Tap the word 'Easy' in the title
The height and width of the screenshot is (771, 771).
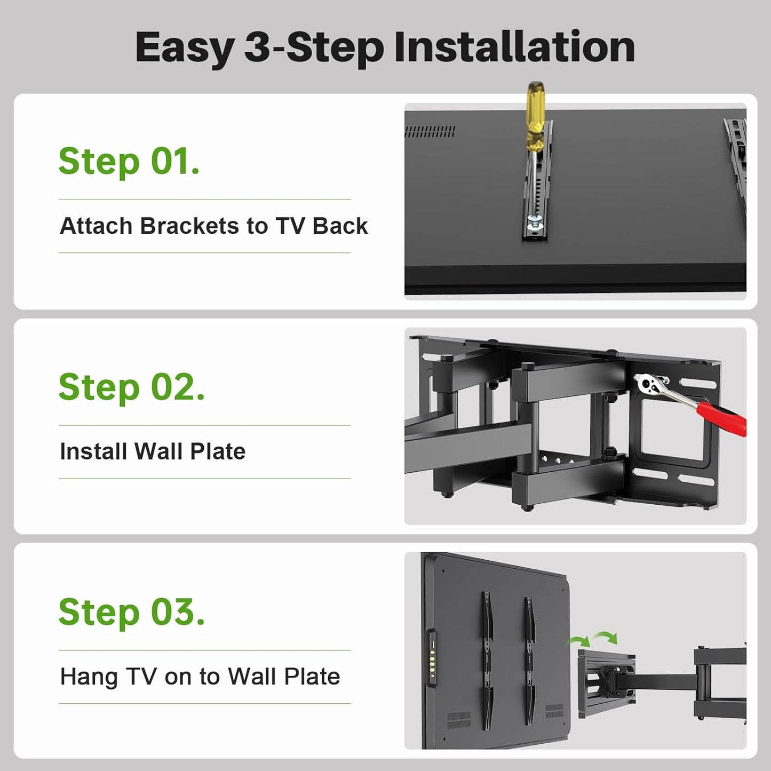click(x=185, y=47)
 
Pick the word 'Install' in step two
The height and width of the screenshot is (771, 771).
click(x=93, y=451)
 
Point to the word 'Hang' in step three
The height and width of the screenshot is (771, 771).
click(x=89, y=677)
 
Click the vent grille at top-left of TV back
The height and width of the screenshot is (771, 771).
click(x=430, y=131)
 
